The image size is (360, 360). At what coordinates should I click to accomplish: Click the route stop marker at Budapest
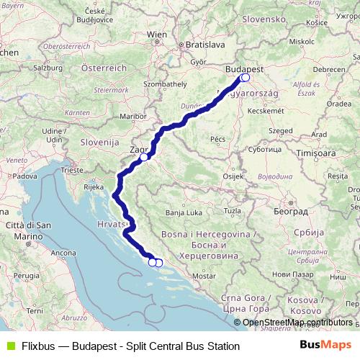click(246, 78)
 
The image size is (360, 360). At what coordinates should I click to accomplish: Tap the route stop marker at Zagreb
click(144, 157)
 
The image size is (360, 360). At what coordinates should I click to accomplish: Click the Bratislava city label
click(185, 44)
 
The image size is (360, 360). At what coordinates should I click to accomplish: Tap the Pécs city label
click(218, 138)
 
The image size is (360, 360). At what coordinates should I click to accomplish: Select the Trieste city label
click(72, 171)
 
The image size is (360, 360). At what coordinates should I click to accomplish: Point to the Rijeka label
click(94, 186)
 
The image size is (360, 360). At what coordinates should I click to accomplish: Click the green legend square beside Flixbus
click(9, 346)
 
